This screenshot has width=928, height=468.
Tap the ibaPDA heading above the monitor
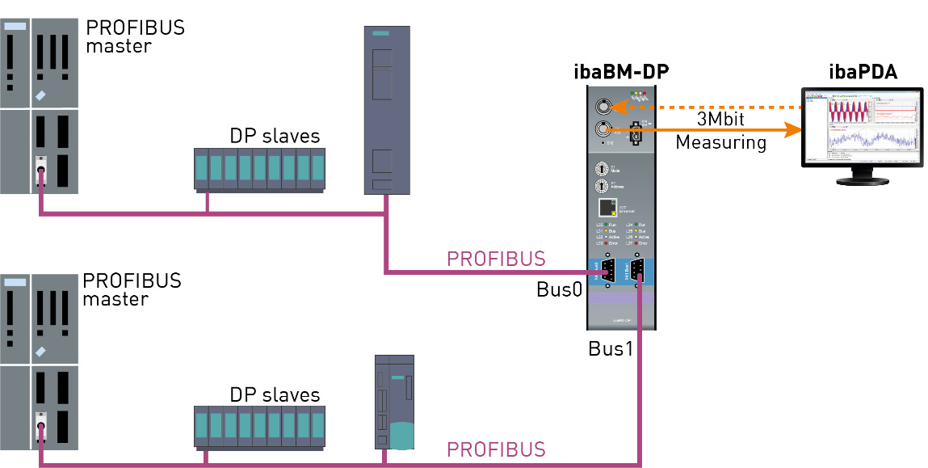coord(863,72)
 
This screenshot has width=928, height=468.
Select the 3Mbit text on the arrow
coord(720,120)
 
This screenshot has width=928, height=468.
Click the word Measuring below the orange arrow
coord(720,143)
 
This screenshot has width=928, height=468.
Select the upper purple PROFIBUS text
coord(496,259)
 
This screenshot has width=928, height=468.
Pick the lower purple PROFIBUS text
coord(496,449)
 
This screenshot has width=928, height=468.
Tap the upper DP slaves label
coord(275,136)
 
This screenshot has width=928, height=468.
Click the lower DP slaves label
coord(275,395)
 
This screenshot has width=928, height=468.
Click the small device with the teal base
coord(394,402)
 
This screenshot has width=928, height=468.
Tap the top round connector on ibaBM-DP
coord(602,108)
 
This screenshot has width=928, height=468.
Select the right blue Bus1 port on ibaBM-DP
coord(636,270)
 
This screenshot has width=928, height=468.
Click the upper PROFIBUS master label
coord(135,36)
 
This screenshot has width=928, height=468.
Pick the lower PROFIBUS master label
coord(132,290)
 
